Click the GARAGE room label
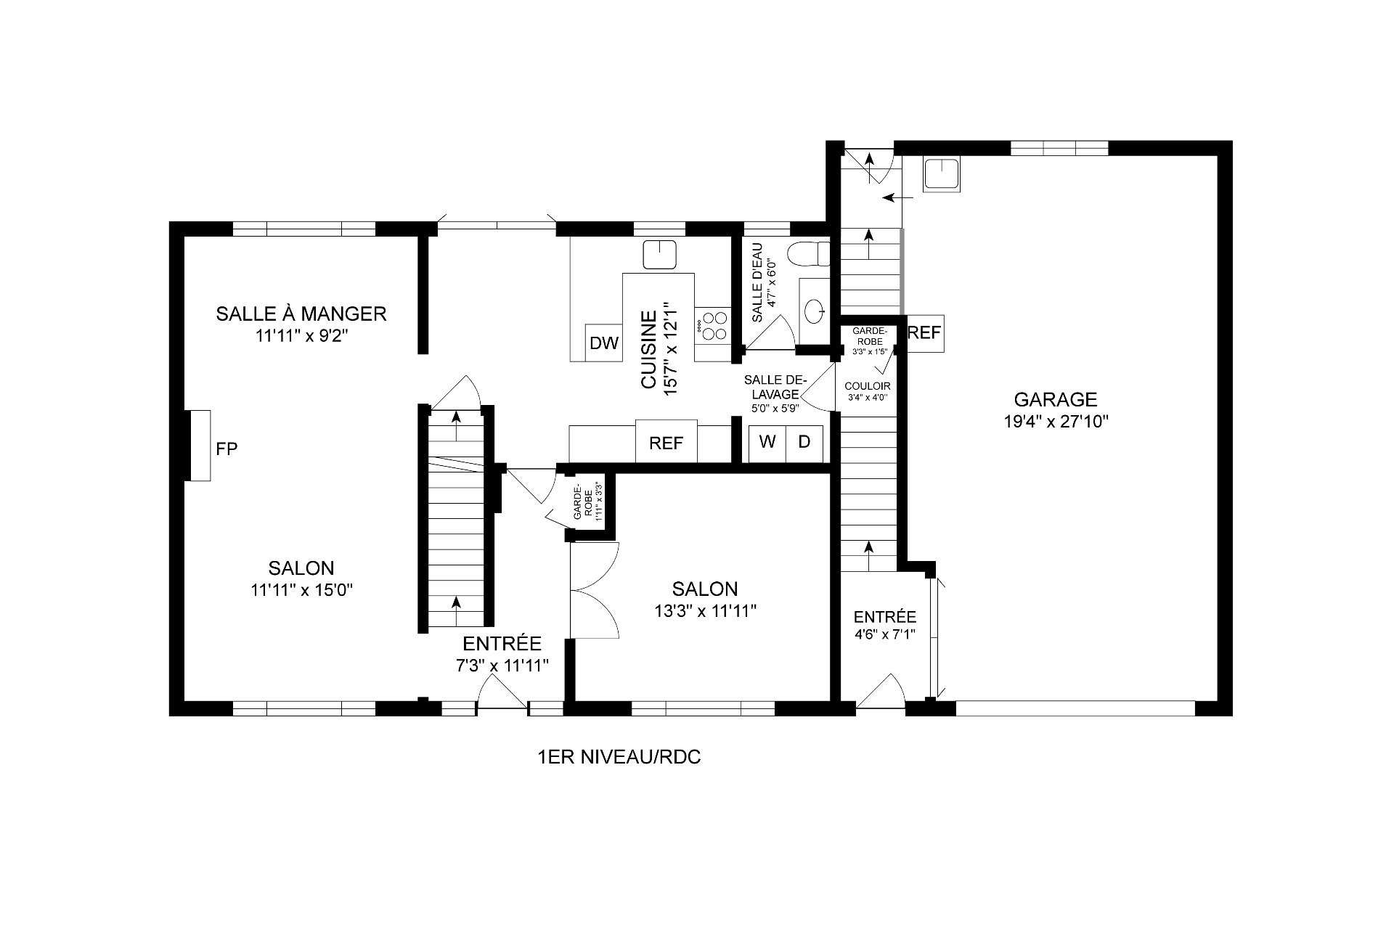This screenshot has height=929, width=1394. [x=1055, y=399]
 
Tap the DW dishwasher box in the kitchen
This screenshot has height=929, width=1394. [x=604, y=343]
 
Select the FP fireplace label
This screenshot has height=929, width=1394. [x=227, y=449]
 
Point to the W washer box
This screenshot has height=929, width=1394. [x=767, y=442]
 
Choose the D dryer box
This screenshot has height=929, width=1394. [x=804, y=442]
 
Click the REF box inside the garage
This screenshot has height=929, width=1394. [x=925, y=333]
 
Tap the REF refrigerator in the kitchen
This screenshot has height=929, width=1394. [x=666, y=441]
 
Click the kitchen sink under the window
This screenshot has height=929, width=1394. [x=661, y=254]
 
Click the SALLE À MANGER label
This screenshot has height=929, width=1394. [x=301, y=314]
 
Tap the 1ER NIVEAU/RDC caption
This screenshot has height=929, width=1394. [x=619, y=758]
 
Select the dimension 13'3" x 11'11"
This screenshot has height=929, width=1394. [x=705, y=611]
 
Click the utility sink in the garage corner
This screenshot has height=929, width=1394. [x=942, y=175]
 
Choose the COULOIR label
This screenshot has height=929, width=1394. [x=867, y=386]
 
